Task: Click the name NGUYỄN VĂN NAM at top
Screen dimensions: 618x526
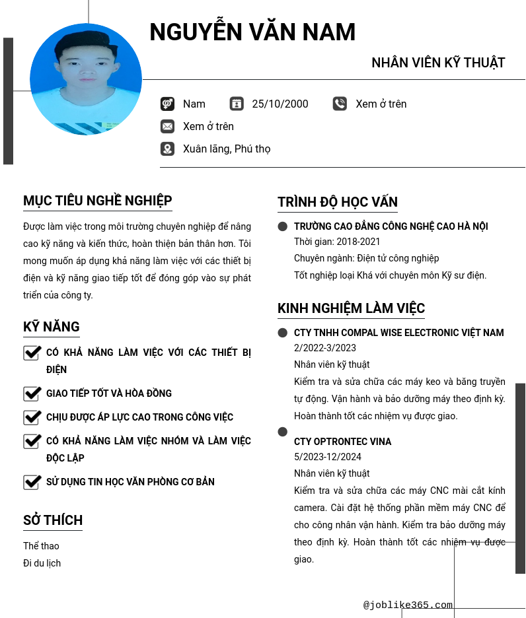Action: click(252, 32)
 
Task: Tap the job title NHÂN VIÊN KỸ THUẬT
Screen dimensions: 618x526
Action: click(438, 63)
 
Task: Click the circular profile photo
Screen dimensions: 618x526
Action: click(86, 79)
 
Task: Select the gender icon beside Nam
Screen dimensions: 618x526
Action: click(167, 104)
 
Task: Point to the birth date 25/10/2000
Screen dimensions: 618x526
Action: click(280, 104)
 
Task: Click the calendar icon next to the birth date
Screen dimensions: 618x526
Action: click(237, 104)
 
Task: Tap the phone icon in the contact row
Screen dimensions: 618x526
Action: click(340, 104)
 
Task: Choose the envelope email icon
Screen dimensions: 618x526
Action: click(167, 126)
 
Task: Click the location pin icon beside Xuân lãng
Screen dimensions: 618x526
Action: click(167, 149)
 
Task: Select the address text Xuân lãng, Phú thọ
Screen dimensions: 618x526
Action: click(227, 149)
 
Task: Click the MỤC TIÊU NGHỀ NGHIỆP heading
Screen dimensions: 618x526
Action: click(98, 201)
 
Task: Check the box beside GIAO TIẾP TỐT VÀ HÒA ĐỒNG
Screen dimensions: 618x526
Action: click(32, 394)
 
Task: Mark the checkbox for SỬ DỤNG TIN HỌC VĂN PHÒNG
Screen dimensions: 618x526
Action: click(32, 482)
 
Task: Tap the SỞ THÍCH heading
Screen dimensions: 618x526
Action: click(53, 520)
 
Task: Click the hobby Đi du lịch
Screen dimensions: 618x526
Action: click(42, 563)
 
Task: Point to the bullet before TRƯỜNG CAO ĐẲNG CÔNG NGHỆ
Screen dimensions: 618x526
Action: click(283, 226)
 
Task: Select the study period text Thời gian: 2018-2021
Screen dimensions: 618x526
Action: click(337, 242)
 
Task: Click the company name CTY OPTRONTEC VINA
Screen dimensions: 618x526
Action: click(342, 442)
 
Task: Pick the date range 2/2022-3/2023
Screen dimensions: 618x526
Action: click(325, 348)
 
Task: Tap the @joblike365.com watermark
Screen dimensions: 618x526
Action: click(408, 605)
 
